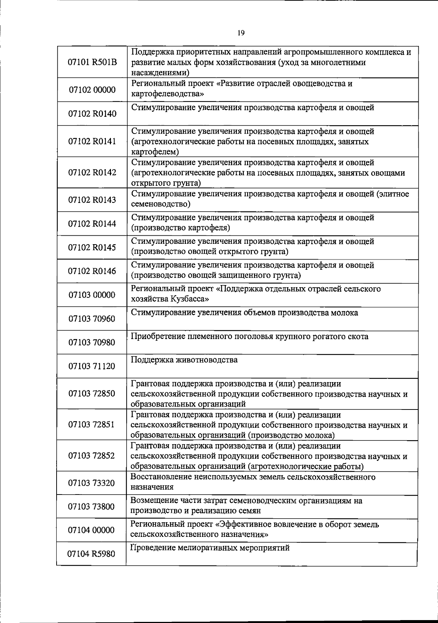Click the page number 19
pos(241,33)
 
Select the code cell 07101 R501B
pos(92,62)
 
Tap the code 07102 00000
pos(92,90)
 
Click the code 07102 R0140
pos(92,114)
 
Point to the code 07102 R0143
pos(92,200)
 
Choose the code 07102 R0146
pos(92,271)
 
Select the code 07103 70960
pos(92,319)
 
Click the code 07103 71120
pos(92,366)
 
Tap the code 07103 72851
pos(91,424)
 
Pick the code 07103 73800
pos(91,507)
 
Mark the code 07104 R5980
pos(91,554)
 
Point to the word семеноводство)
pos(161,204)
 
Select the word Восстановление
pos(158,477)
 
